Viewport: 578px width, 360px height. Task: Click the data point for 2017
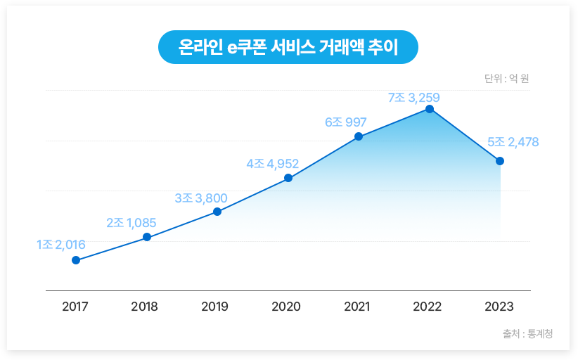click(x=76, y=260)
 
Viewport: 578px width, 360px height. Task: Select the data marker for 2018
click(x=147, y=237)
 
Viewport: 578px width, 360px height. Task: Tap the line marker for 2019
click(x=217, y=212)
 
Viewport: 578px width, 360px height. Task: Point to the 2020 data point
click(x=288, y=178)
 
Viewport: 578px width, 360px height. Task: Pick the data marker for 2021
click(x=359, y=136)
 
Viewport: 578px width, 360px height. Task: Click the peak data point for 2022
click(x=429, y=109)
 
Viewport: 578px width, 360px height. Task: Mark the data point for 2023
click(x=500, y=161)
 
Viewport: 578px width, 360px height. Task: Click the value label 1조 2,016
click(x=60, y=245)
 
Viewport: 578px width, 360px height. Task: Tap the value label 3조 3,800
click(x=200, y=198)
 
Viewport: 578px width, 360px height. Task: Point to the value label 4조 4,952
click(x=272, y=164)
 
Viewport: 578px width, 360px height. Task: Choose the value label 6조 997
click(x=345, y=122)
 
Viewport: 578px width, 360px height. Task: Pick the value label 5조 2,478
click(x=513, y=142)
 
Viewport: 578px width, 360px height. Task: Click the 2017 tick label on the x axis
click(x=75, y=307)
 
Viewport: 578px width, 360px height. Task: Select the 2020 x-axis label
click(x=286, y=307)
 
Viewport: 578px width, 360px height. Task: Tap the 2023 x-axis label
click(x=499, y=307)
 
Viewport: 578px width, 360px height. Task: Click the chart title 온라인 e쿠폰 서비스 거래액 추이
click(x=288, y=48)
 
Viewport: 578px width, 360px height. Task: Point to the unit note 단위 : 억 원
click(x=506, y=79)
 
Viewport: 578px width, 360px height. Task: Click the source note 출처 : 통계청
click(x=527, y=333)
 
